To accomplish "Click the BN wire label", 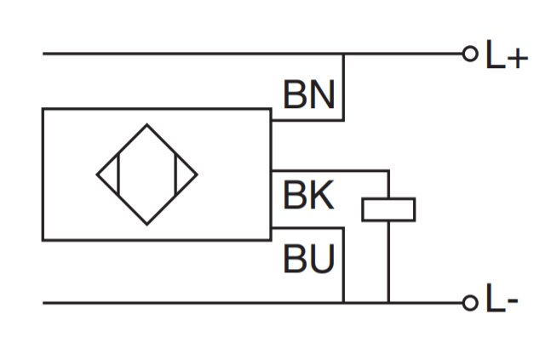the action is (x=308, y=94).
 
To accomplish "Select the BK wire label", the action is (x=308, y=195).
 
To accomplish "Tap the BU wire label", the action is (x=308, y=259).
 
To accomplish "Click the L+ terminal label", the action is (x=507, y=54).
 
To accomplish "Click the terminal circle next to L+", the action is (x=470, y=54).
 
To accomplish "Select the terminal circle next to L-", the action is (x=470, y=303).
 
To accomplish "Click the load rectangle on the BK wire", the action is (x=388, y=209).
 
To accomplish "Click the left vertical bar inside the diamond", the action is (x=118, y=174).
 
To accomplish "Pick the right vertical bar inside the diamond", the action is (x=175, y=174).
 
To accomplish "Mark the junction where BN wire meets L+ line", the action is (x=344, y=54).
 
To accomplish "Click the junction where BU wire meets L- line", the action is (x=344, y=302).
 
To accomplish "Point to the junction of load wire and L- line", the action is (x=388, y=302).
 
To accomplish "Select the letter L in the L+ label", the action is (x=496, y=54).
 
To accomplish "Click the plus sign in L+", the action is (x=518, y=58).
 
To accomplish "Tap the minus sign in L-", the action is (x=513, y=300).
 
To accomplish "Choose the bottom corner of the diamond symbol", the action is (x=146, y=225).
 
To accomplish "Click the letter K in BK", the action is (x=322, y=195).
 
